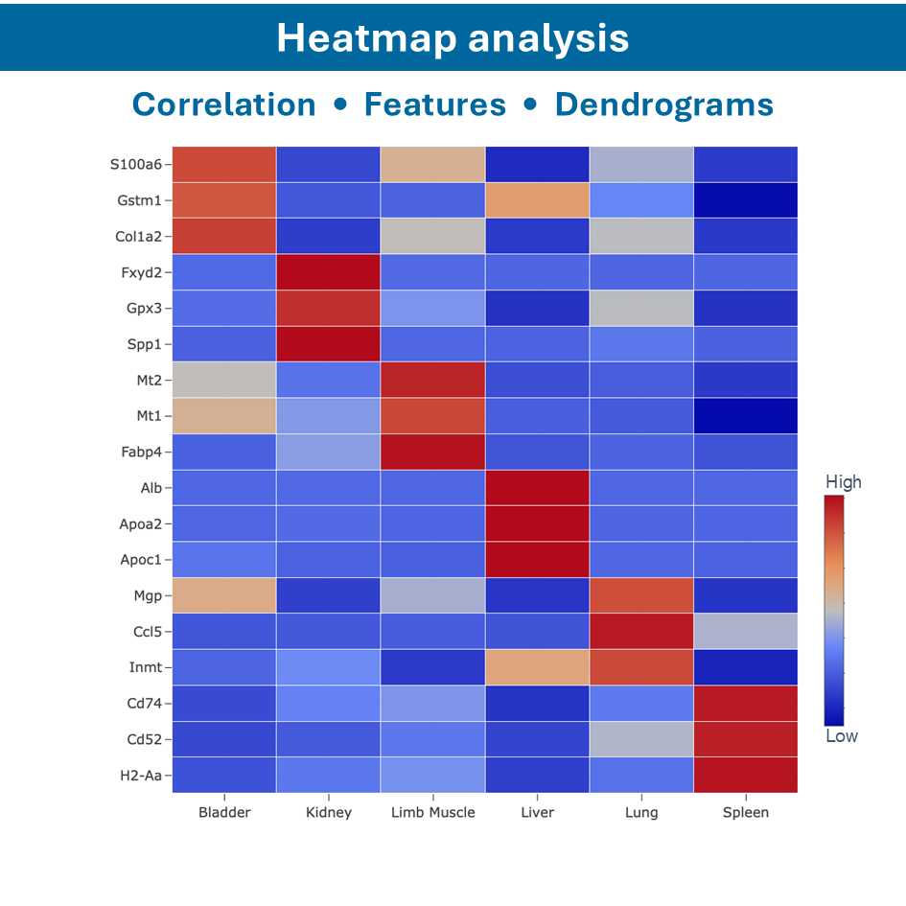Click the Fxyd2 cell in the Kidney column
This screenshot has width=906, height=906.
[x=329, y=272]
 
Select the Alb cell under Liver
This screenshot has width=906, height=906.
[x=537, y=488]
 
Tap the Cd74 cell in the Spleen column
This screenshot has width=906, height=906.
[x=745, y=704]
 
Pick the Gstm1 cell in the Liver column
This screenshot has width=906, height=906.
[x=537, y=200]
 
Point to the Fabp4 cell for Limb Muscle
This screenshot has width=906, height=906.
[x=432, y=452]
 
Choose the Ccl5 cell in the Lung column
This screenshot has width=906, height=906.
[x=641, y=632]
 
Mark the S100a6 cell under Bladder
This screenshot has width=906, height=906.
[x=224, y=164]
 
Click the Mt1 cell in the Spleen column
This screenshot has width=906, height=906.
[x=745, y=416]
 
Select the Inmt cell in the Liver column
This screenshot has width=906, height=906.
[x=537, y=667]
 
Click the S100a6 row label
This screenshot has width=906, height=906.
[x=134, y=164]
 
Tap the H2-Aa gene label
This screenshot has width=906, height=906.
[x=138, y=776]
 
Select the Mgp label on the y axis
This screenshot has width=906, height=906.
[x=147, y=596]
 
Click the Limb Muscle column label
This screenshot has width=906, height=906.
[x=432, y=813]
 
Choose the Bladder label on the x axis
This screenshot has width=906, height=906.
[x=224, y=813]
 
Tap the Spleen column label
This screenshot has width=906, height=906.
[x=745, y=813]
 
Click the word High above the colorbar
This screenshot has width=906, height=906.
[x=843, y=481]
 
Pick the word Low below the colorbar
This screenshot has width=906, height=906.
[x=842, y=736]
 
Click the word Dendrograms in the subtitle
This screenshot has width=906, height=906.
[x=663, y=105]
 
